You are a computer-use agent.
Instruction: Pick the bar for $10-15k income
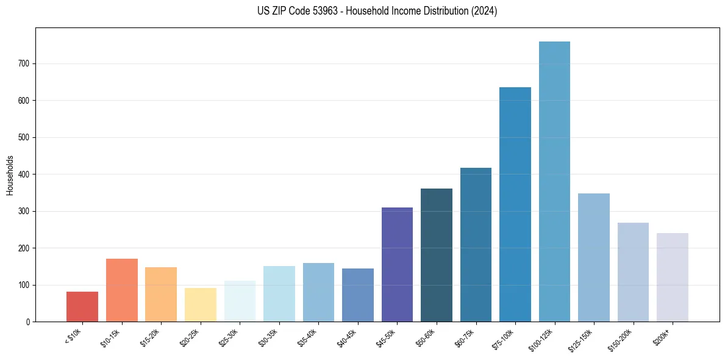tap(122, 290)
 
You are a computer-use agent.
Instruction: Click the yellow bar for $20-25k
tap(200, 305)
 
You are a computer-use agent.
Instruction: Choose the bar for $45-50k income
tap(397, 265)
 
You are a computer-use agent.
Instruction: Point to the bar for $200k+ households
tap(673, 278)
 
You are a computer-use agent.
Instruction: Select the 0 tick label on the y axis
tap(28, 322)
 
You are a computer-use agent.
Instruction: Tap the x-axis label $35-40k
tap(307, 337)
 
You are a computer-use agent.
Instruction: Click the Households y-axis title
tap(10, 175)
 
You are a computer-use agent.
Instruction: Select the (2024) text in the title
tap(484, 11)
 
